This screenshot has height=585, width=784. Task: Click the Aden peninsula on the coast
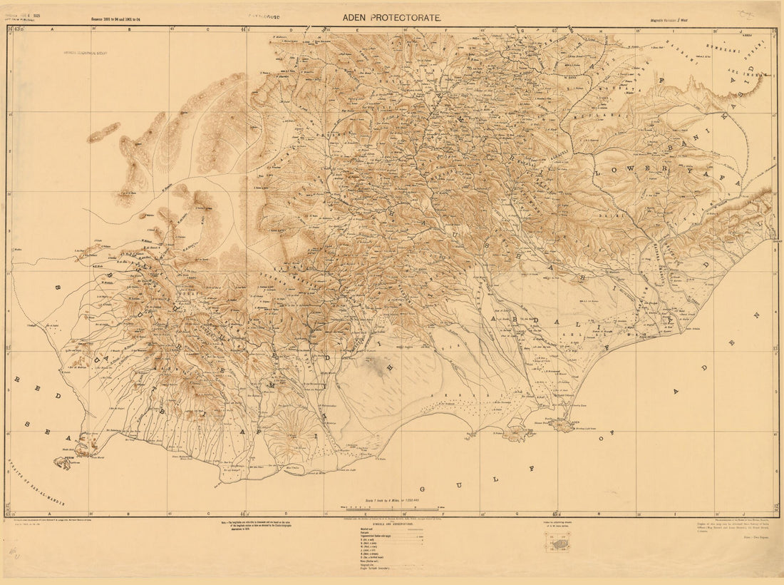click(563, 425)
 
